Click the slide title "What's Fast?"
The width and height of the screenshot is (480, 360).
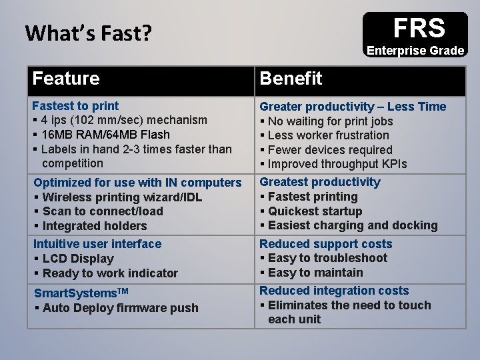88,32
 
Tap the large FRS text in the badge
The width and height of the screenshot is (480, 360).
419,28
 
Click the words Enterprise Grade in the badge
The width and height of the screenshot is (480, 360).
415,51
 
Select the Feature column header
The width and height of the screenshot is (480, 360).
66,79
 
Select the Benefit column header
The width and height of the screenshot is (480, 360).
291,79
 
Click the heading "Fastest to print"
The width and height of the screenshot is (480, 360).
76,105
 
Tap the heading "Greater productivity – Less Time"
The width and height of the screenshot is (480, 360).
353,107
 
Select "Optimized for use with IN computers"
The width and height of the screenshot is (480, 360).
137,183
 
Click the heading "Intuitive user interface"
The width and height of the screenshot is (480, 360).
97,244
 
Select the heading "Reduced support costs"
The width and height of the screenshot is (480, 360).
326,244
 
